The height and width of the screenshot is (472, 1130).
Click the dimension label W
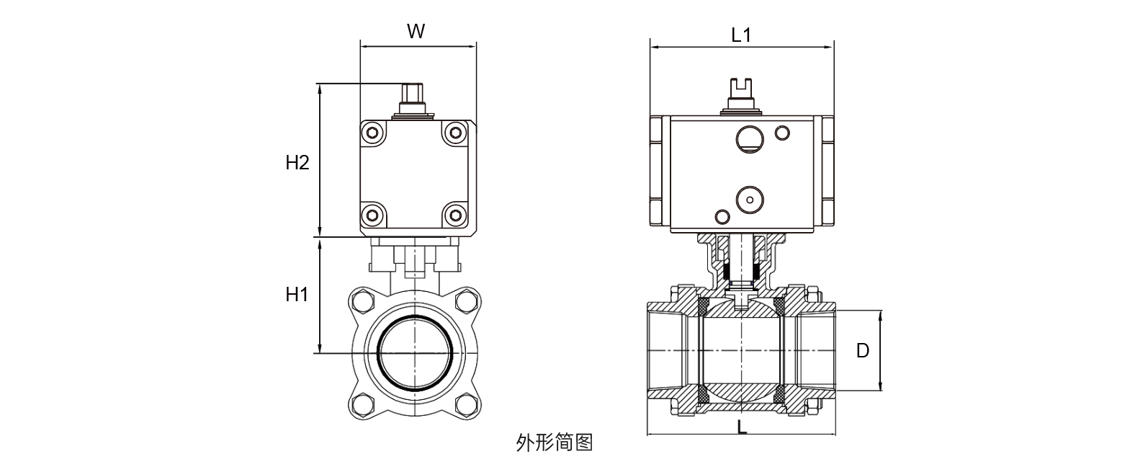pyautogui.click(x=416, y=31)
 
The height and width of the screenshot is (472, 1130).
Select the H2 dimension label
pyautogui.click(x=297, y=163)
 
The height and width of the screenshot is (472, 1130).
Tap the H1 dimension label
pyautogui.click(x=297, y=294)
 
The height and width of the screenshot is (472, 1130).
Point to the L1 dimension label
pyautogui.click(x=741, y=34)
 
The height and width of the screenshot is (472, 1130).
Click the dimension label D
pyautogui.click(x=863, y=351)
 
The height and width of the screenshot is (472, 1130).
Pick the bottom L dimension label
pyautogui.click(x=742, y=426)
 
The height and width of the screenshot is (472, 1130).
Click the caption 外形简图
pyautogui.click(x=555, y=442)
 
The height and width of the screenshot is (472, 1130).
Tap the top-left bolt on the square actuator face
pyautogui.click(x=372, y=132)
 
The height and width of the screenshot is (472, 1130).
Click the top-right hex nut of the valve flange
pyautogui.click(x=465, y=300)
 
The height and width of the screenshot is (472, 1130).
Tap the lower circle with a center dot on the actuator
pyautogui.click(x=749, y=198)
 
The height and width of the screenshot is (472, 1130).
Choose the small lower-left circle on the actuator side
pyautogui.click(x=721, y=216)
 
